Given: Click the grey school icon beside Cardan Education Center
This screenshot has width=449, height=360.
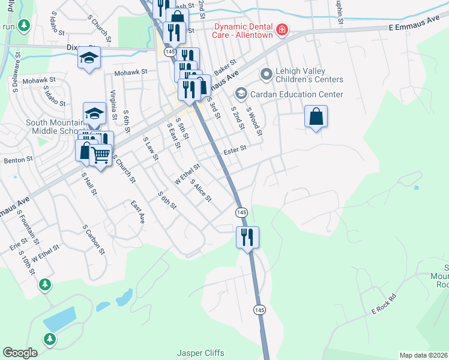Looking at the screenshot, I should (x=241, y=94).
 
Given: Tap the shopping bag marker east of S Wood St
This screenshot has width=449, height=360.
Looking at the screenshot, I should (x=316, y=116).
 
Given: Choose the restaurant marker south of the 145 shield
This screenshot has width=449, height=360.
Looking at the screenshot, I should (x=247, y=236).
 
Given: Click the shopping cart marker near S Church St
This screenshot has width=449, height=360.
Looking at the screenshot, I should (x=101, y=156).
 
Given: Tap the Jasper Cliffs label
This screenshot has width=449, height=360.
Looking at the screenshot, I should (x=198, y=353).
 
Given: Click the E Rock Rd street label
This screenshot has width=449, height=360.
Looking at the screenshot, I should (x=384, y=304).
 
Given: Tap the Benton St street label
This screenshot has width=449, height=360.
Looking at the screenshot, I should (x=17, y=161).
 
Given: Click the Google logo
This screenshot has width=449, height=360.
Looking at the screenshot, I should (x=20, y=353).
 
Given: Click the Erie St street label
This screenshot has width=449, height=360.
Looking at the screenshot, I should (x=16, y=246).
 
